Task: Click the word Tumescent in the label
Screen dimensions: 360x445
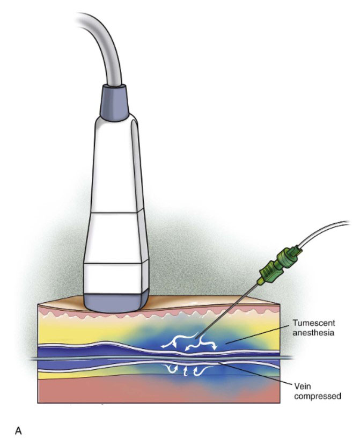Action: click(x=314, y=323)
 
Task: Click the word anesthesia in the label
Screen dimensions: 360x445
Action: click(x=313, y=332)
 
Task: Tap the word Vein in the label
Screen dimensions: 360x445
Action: click(x=303, y=386)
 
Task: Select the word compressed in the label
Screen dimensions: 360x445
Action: click(x=318, y=396)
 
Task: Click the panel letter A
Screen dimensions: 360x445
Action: click(x=18, y=431)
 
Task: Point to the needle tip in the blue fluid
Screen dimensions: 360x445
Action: click(x=196, y=338)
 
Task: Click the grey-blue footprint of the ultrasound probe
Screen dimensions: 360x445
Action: click(x=116, y=302)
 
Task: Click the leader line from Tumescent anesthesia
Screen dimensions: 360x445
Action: click(x=258, y=335)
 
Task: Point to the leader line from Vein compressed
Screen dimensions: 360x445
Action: click(x=255, y=374)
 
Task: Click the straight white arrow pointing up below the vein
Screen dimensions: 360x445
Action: click(x=186, y=371)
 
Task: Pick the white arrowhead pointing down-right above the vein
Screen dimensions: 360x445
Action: click(x=214, y=347)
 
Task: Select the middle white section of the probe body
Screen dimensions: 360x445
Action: click(x=116, y=238)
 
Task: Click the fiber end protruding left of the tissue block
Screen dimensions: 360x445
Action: click(x=34, y=359)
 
